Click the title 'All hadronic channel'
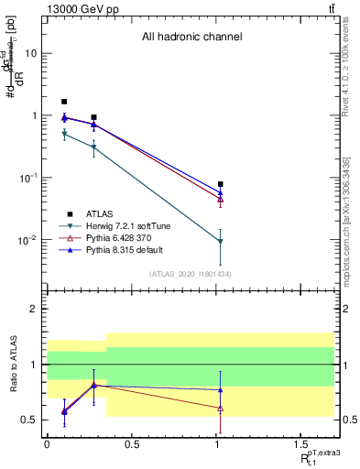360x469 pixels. [191, 38]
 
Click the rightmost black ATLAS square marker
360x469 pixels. [221, 184]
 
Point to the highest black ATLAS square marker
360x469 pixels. [64, 102]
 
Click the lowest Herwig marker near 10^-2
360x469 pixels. [221, 241]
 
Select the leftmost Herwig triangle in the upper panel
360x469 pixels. [64, 135]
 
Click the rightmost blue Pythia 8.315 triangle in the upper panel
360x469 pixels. [221, 193]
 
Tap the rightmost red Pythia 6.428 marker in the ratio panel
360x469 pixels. [221, 408]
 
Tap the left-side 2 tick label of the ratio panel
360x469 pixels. [34, 309]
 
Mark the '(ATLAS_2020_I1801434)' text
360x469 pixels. [191, 274]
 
